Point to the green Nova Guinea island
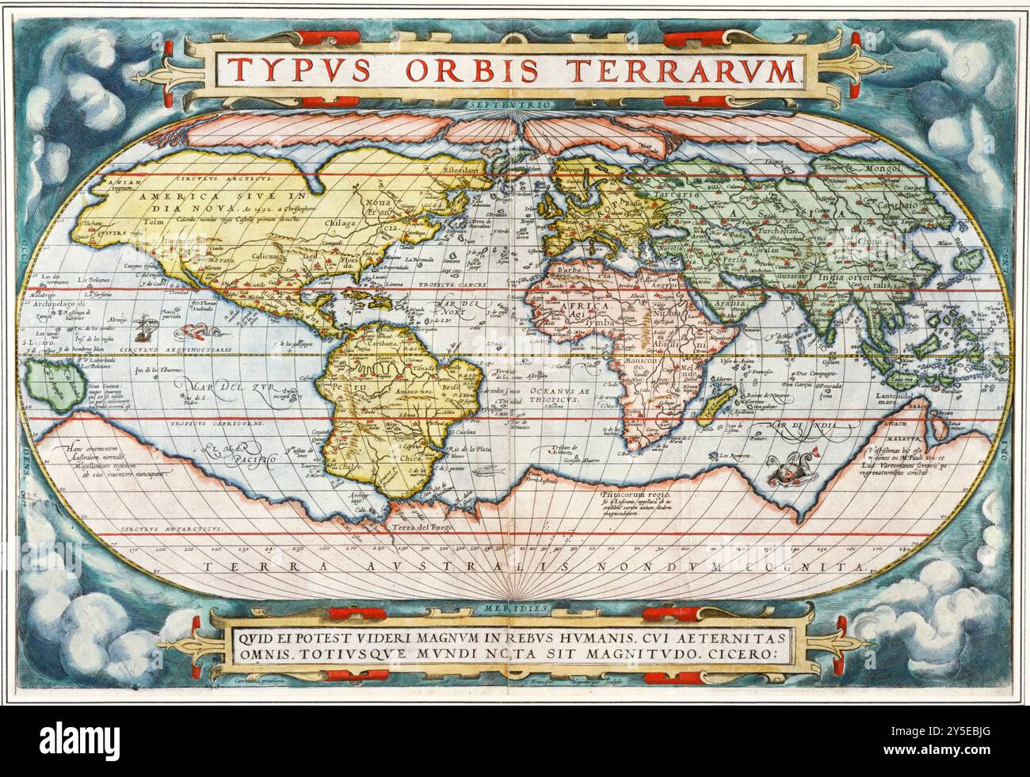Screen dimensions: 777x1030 pos(49,384)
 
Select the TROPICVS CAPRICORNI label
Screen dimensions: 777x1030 pos(216,423)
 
